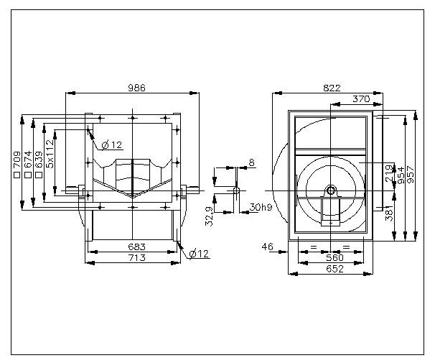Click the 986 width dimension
point(137,88)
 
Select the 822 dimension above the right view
point(332,88)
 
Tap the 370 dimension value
point(361,98)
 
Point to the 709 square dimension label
point(16,163)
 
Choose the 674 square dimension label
point(27,163)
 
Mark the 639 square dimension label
point(39,163)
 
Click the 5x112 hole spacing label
point(50,153)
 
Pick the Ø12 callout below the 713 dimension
point(198,253)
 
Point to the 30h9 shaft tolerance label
point(261,207)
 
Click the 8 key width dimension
point(251,162)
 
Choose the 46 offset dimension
point(267,247)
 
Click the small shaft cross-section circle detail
point(236,190)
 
